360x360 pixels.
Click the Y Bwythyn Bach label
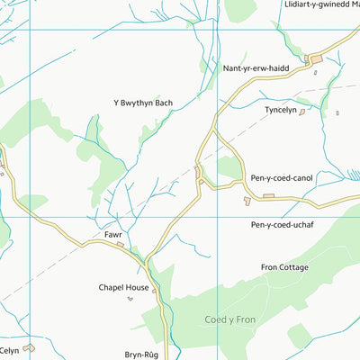[142, 103]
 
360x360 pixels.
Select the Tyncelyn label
[281, 110]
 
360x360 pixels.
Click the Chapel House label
[123, 288]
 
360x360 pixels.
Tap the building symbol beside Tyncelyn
[302, 112]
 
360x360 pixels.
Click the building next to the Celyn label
[29, 347]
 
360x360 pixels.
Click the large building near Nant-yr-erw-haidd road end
[315, 59]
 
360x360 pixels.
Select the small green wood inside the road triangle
[229, 167]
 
